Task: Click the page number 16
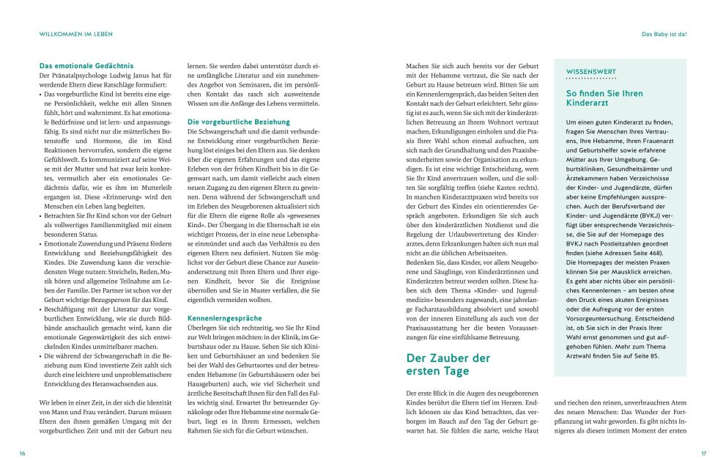point(22,454)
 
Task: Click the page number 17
point(703,454)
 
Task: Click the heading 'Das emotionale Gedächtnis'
point(86,66)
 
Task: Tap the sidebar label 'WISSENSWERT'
point(590,71)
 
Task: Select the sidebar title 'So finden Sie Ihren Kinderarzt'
point(604,99)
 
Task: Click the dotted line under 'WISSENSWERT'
point(590,78)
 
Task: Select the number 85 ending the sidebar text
point(654,356)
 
